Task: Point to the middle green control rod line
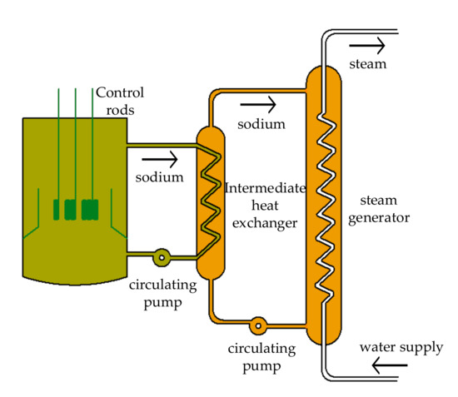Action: pos(73,141)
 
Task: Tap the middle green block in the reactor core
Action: pos(71,207)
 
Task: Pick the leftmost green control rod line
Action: pos(59,141)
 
